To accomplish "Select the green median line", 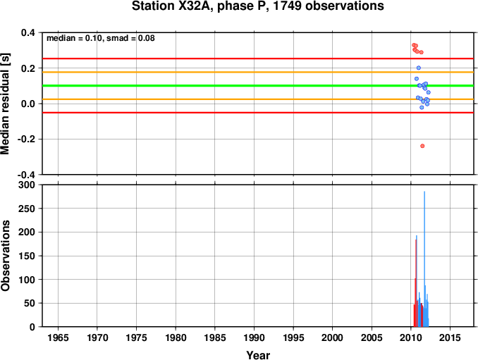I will tap(212, 86).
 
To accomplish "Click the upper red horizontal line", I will tap(212, 58).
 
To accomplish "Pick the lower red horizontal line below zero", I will tap(212, 112).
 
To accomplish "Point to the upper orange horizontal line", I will tap(212, 72).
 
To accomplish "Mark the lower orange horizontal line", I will tap(212, 99).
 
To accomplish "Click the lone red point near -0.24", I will tap(422, 146).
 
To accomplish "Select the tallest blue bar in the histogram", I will tap(424, 261).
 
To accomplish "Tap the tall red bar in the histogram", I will tap(416, 282).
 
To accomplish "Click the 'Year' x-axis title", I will tap(258, 355).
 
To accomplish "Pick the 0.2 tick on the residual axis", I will tap(29, 68).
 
